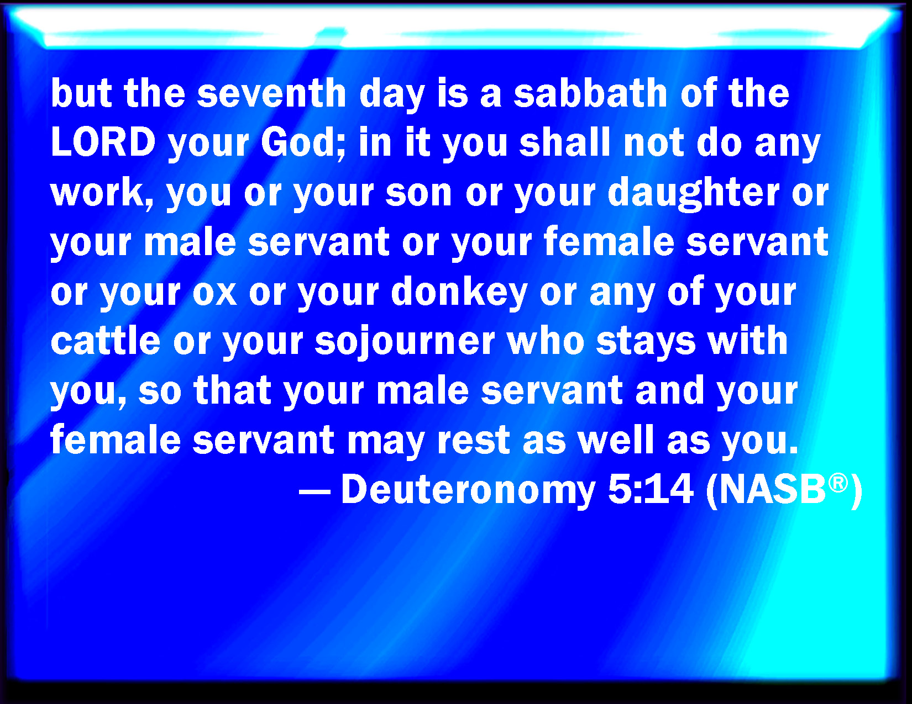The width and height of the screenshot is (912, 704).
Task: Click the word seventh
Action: [271, 93]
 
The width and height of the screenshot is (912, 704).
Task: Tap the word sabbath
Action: [590, 93]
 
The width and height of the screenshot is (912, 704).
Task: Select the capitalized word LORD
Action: [103, 142]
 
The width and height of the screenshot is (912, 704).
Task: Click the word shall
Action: [565, 142]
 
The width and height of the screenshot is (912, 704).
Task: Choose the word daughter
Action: [694, 193]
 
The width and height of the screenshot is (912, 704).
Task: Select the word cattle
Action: [106, 341]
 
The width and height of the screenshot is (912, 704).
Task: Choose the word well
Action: [616, 440]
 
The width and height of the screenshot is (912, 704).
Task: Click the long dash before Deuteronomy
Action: [315, 490]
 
